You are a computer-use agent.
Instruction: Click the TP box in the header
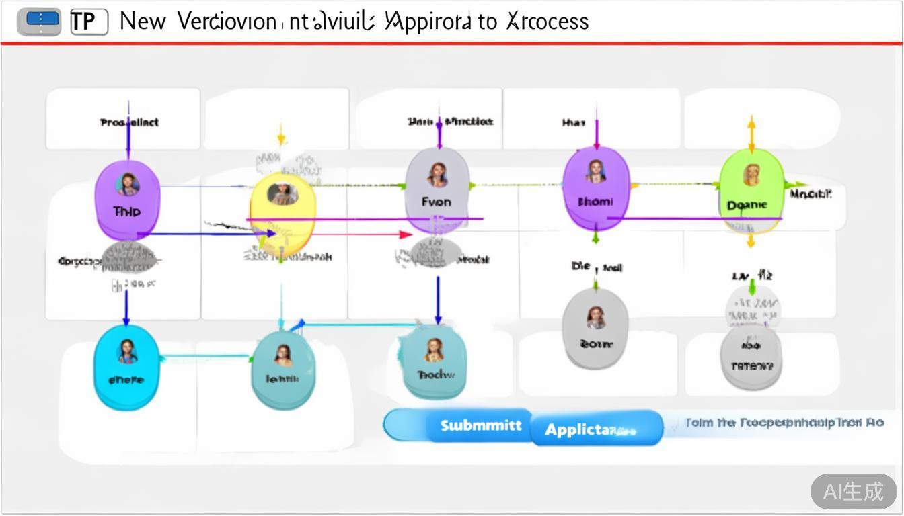(x=89, y=22)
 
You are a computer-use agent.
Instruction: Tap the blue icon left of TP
(x=39, y=22)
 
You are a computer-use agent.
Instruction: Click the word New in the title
(x=143, y=21)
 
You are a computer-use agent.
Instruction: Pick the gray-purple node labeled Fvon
(x=437, y=191)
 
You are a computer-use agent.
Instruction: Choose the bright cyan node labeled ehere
(x=126, y=367)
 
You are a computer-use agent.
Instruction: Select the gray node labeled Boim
(x=595, y=329)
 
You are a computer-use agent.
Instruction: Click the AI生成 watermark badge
(x=853, y=491)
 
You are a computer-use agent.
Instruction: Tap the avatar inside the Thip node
(x=127, y=183)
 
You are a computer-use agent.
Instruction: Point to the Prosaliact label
(x=129, y=122)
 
